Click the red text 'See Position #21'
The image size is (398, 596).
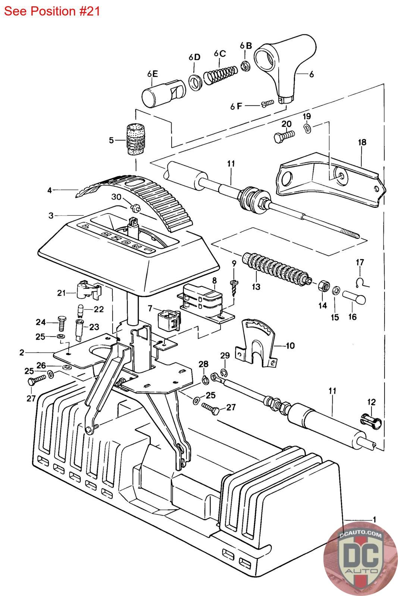[52, 11]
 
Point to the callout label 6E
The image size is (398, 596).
[153, 74]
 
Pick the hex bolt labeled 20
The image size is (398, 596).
[284, 136]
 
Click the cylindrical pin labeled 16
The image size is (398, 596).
[354, 298]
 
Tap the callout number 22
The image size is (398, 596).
[98, 309]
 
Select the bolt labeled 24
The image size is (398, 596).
[62, 323]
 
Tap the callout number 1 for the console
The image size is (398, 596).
[374, 519]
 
